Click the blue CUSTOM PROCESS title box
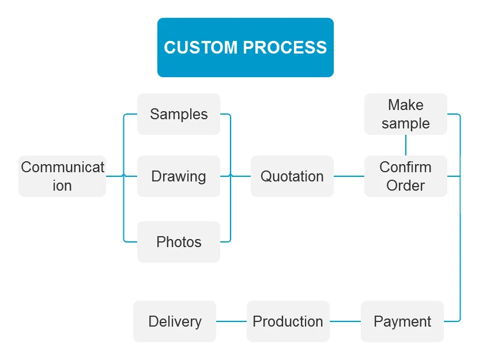[246, 47]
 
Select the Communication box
[62, 176]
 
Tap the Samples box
[179, 114]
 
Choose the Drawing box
[179, 176]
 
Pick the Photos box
[179, 242]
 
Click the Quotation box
[292, 176]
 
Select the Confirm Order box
[406, 176]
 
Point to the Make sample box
[406, 114]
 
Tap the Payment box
[402, 321]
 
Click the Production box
[288, 321]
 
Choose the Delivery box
[175, 321]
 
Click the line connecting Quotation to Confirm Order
[349, 176]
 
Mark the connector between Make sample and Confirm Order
[406, 145]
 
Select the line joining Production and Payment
[345, 321]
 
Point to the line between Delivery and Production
[231, 321]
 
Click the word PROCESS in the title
[285, 47]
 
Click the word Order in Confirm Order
[406, 185]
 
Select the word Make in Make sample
[406, 105]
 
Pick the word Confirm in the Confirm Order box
[406, 167]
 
